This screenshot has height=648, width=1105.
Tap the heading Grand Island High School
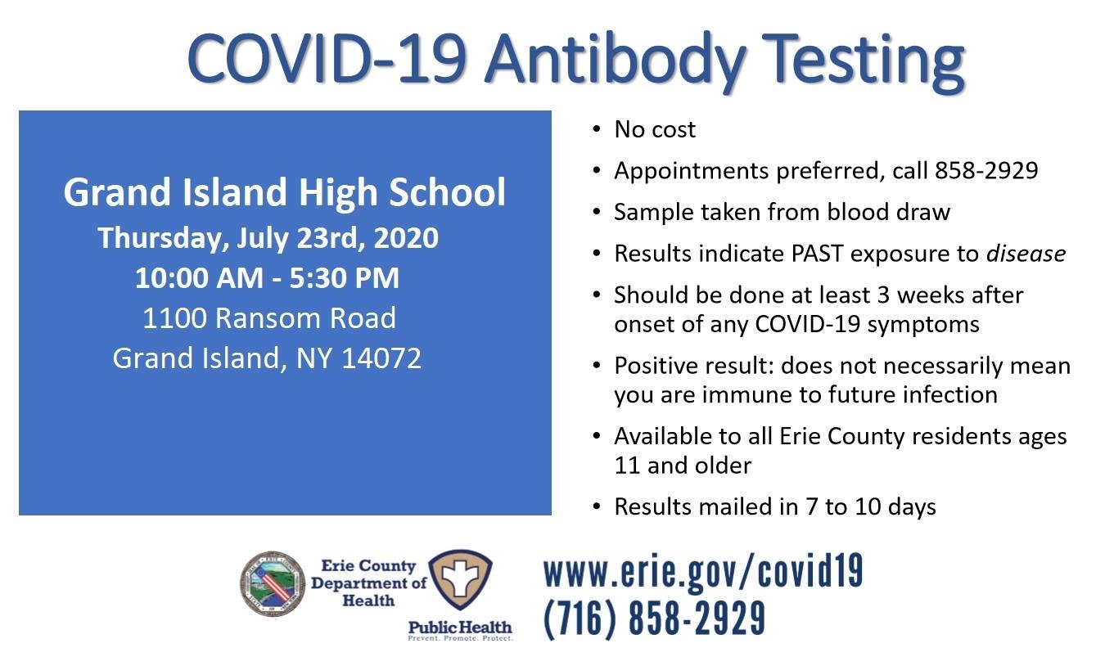coord(285,192)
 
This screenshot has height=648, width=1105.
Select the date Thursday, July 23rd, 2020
coord(268,238)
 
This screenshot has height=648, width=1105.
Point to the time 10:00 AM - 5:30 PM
coord(267,277)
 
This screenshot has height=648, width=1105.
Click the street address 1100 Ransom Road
coord(269,317)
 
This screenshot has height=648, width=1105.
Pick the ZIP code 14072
coord(381,358)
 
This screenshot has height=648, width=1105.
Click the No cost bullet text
coord(655,130)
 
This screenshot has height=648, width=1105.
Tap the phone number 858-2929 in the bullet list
coord(986,171)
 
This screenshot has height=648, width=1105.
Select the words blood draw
coord(888,212)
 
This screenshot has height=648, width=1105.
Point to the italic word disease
coord(1026,254)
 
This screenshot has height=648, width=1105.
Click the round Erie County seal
coord(273,583)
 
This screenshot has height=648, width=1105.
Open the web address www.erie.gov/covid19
coord(703,572)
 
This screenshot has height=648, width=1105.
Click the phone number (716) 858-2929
coord(655,618)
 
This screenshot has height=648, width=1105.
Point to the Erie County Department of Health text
coord(368,583)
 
